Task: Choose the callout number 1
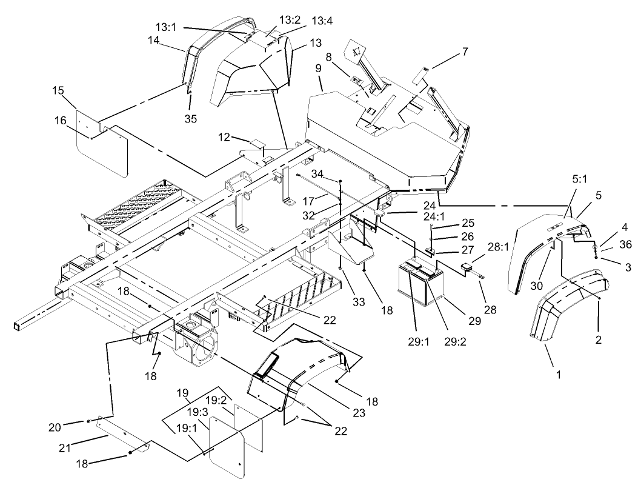click(x=559, y=375)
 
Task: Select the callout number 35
click(x=191, y=119)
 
